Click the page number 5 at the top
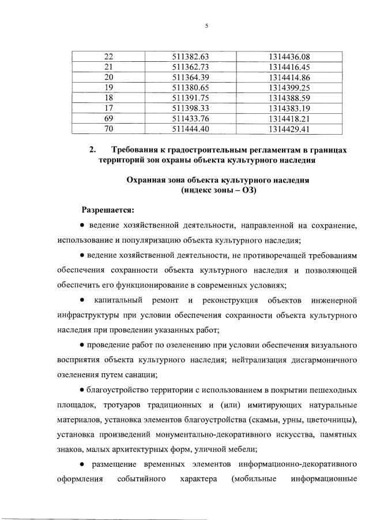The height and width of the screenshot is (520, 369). pos(205,25)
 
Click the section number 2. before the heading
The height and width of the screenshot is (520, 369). pos(92,150)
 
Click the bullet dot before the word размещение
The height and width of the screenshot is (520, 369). pos(84,464)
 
